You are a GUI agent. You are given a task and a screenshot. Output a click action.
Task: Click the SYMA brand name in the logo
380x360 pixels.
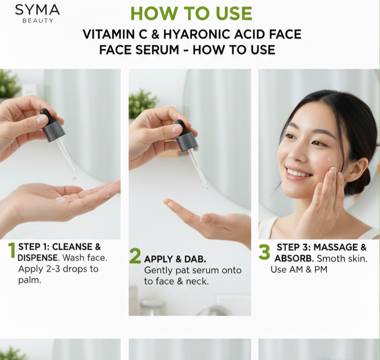pos(38,10)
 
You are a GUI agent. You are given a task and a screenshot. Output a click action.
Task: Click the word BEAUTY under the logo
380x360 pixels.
pos(38,20)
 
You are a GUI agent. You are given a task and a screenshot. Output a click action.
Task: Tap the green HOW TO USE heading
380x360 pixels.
pos(191,13)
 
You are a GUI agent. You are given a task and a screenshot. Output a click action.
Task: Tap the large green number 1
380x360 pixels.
pos(12,250)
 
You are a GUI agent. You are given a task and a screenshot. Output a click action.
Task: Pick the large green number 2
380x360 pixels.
pos(135,256)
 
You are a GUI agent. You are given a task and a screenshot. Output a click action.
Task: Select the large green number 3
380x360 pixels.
pos(264,252)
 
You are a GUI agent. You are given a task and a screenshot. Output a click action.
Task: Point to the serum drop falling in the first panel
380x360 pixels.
pos(75,178)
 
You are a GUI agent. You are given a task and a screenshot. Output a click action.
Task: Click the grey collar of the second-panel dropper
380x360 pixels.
pos(187,142)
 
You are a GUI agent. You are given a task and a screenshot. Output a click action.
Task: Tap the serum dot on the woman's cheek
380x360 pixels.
pos(329,159)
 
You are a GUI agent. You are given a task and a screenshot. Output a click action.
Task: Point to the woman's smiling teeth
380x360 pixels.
pos(298,173)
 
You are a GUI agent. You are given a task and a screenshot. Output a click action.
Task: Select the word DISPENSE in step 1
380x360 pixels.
pos(38,258)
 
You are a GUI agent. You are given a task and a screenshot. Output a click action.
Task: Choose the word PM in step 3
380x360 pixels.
pos(321,270)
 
